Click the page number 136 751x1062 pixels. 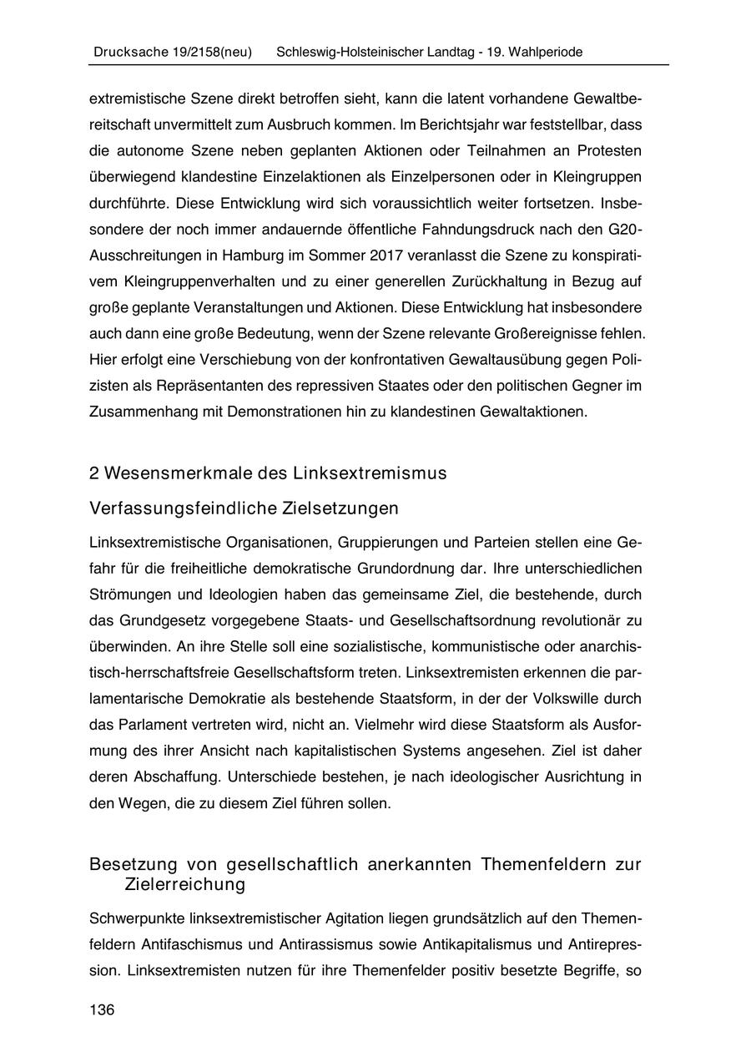(x=101, y=1009)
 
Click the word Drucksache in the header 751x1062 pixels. (x=123, y=52)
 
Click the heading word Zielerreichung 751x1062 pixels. (x=184, y=882)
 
